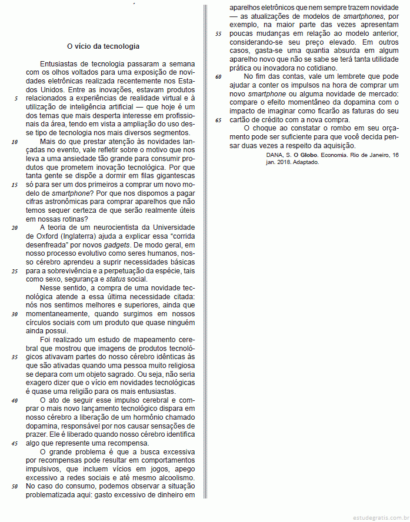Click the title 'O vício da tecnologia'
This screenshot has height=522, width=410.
(103, 45)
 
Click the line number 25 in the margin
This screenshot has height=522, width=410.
(15, 271)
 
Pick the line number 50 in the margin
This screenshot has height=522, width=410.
(14, 487)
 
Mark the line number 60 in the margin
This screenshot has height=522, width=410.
(218, 76)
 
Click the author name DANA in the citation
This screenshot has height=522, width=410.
(275, 155)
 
